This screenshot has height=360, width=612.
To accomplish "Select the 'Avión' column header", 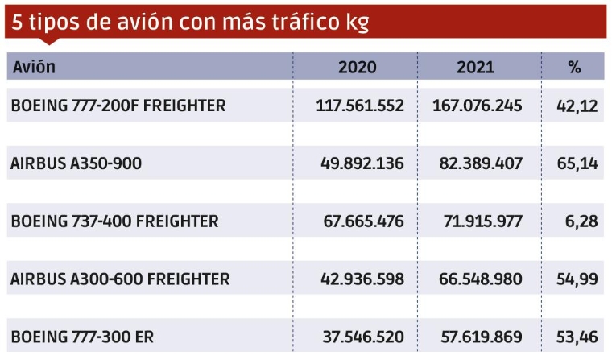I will click(x=34, y=68).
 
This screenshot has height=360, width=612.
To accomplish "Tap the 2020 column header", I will click(x=357, y=68).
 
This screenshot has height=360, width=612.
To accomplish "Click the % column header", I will click(x=574, y=68).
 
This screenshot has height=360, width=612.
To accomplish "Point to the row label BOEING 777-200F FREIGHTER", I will click(x=118, y=106).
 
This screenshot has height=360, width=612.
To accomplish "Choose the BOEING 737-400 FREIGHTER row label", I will click(x=114, y=221).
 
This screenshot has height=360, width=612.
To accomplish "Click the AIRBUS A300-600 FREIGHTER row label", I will click(x=120, y=279).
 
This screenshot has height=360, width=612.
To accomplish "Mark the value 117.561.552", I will click(x=361, y=106).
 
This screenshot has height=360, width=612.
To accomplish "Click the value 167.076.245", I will click(x=478, y=106).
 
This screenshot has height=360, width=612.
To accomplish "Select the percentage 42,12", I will click(x=577, y=106).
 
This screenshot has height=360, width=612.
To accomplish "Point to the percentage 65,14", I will click(x=577, y=163).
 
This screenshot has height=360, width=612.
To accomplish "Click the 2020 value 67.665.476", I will click(x=365, y=221).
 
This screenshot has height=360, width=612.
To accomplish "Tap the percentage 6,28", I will click(x=581, y=221).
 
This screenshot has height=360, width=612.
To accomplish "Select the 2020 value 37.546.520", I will click(x=365, y=337).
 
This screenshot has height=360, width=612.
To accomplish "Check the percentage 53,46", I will click(x=577, y=337).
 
